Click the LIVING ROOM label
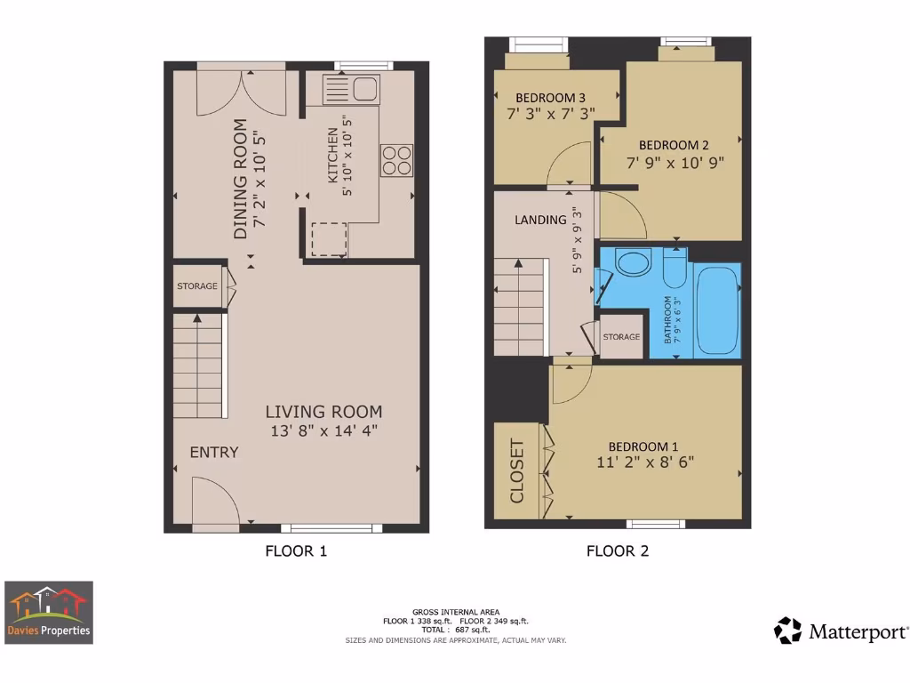pyautogui.click(x=323, y=412)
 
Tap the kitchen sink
pyautogui.click(x=352, y=88)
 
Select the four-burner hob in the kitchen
pyautogui.click(x=397, y=159)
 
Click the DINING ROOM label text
pyautogui.click(x=239, y=179)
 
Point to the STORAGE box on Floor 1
pyautogui.click(x=197, y=286)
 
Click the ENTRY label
pyautogui.click(x=214, y=452)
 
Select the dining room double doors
pyautogui.click(x=242, y=92)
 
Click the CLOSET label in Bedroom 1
pyautogui.click(x=517, y=471)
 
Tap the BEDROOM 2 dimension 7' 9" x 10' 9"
pyautogui.click(x=675, y=163)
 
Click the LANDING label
pyautogui.click(x=540, y=220)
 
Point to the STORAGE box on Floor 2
pyautogui.click(x=621, y=337)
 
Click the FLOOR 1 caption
pyautogui.click(x=296, y=550)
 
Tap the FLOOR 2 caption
pyautogui.click(x=617, y=550)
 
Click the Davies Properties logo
pyautogui.click(x=49, y=613)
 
